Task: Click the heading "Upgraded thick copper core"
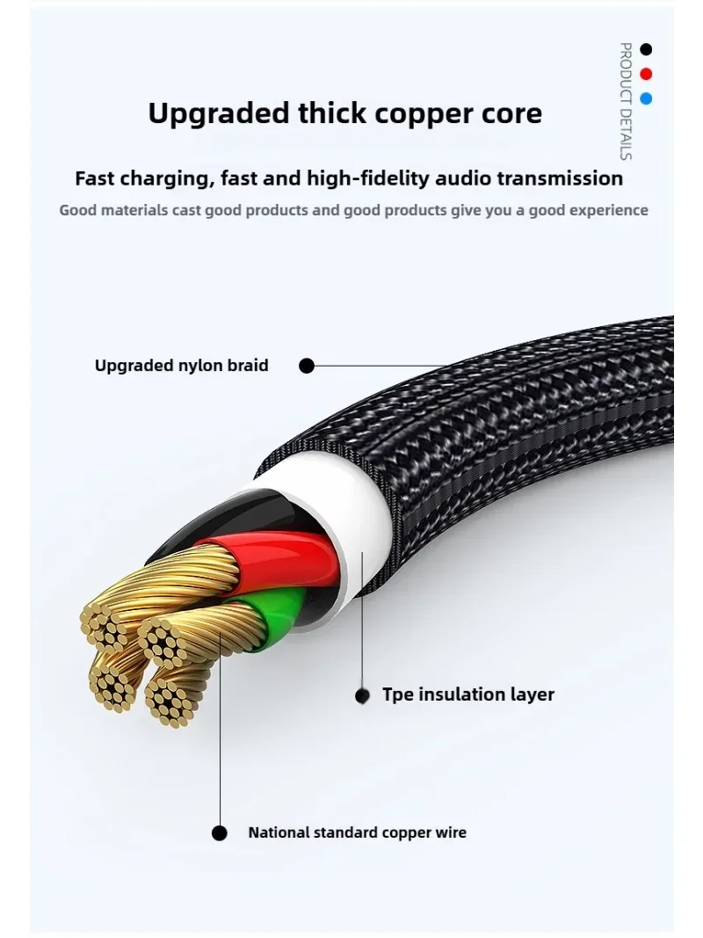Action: [x=344, y=113]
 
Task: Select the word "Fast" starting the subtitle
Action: [x=96, y=178]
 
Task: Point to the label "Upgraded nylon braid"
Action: [x=182, y=365]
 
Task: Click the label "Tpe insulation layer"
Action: [x=468, y=694]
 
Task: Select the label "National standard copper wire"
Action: [x=357, y=832]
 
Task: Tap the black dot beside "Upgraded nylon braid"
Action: [x=307, y=366]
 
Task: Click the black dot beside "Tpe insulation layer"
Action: [x=362, y=695]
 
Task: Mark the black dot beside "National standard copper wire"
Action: [x=220, y=833]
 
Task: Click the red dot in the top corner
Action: [x=647, y=74]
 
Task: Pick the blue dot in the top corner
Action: [x=647, y=98]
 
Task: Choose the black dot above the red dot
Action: [x=647, y=49]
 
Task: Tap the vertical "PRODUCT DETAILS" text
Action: [x=626, y=101]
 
